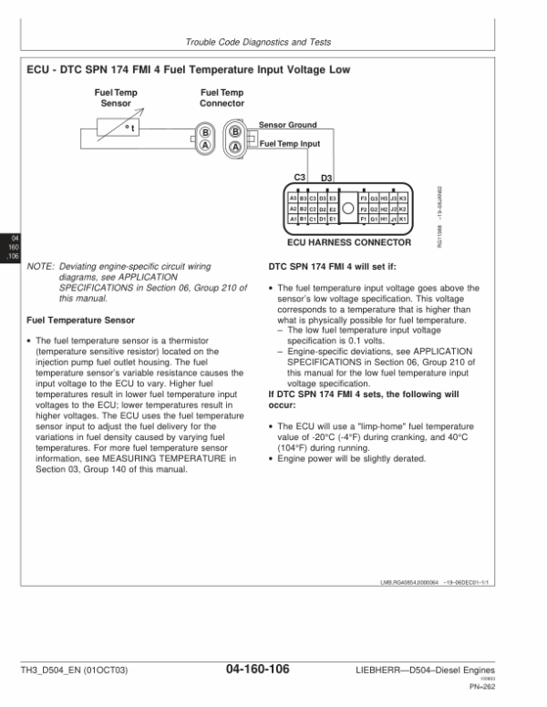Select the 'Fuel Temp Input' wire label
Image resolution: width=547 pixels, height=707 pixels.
[x=291, y=143]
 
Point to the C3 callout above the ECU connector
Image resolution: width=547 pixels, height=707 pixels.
[x=299, y=176]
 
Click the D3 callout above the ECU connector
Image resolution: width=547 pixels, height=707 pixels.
[x=327, y=178]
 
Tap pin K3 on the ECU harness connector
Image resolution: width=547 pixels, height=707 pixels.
[x=403, y=198]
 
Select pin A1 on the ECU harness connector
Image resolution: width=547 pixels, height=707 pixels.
[x=293, y=220]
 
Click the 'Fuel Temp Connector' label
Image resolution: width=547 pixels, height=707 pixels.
[x=222, y=97]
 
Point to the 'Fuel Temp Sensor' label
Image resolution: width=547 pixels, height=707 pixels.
[x=116, y=97]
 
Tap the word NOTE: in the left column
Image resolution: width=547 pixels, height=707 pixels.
[x=42, y=266]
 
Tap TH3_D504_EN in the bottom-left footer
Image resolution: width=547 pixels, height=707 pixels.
[x=54, y=671]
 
